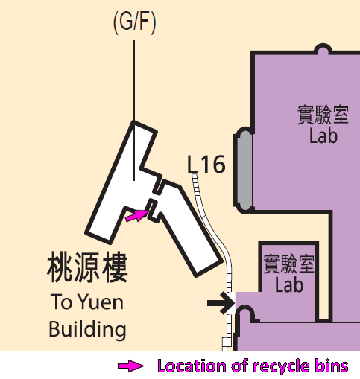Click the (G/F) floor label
pos(134,22)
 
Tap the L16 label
pos(206,164)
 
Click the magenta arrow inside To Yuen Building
pos(137,215)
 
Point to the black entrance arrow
pos(221,303)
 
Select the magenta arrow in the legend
pos(130,366)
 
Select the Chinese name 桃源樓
pos(87,267)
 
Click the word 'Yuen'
pos(101,302)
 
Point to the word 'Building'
pos(87,329)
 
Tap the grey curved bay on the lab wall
pos(244,171)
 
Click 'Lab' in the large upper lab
pos(323,136)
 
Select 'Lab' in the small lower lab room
pos(289,285)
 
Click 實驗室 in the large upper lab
pos(323,115)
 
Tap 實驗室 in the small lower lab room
pos(289,264)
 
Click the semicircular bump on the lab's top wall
pos(323,48)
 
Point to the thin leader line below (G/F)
pos(134,110)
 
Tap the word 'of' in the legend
pos(241,366)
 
